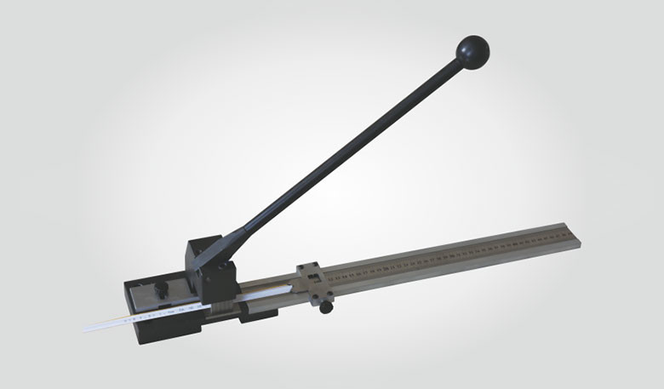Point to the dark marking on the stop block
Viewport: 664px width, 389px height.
coord(313,275)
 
